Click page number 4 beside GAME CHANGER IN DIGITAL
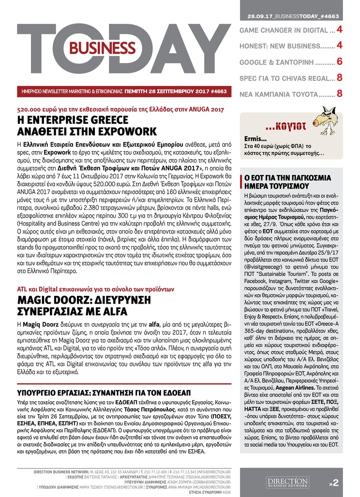pyautogui.click(x=340, y=30)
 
